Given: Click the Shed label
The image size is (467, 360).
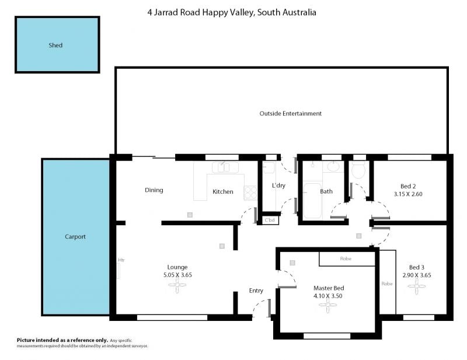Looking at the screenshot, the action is pos(55,46).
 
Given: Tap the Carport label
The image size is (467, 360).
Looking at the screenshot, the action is pos(75,237).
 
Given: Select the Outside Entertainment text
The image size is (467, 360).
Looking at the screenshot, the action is pos(290,113).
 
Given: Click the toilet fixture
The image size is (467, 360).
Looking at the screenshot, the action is pos(358,170).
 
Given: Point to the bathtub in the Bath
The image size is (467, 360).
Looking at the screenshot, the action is pos(312,200).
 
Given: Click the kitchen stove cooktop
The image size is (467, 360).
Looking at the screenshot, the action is pos(250,193).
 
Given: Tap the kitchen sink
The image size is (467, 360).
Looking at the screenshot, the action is pos(225,167).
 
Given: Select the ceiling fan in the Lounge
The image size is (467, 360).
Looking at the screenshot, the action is pos(177,285).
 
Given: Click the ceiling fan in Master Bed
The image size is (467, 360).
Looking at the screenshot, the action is pos(328,305).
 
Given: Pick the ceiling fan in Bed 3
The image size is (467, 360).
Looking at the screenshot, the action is pos(417,286).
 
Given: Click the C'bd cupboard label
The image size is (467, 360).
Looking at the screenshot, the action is pos(270,220).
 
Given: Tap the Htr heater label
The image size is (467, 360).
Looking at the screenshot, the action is pos(121,260).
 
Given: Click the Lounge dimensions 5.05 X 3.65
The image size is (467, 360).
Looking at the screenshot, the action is pos(177,275).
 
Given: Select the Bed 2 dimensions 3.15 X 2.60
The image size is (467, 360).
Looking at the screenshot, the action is pos(408,194).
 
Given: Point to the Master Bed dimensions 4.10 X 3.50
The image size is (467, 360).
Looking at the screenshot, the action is pos(328,296).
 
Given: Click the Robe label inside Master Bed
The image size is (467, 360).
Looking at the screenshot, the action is pos(346,258).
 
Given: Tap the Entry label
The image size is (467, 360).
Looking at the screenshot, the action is pos(256,291).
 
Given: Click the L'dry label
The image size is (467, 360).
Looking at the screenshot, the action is pos(279,186).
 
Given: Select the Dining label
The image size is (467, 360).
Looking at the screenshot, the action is pos(154,190).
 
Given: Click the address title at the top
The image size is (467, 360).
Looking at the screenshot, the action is pos(232,12).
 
